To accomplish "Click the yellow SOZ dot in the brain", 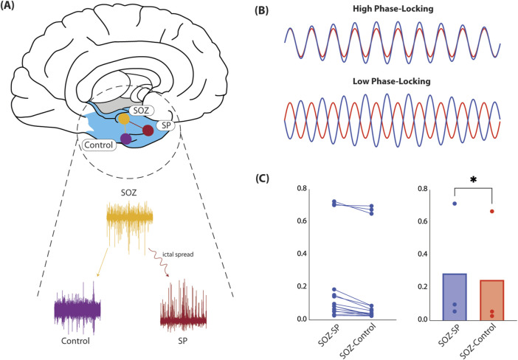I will click(124, 118).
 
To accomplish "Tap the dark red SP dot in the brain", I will click(148, 131).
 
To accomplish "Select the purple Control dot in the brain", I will click(126, 138).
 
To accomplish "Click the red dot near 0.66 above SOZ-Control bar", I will click(491, 212).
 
